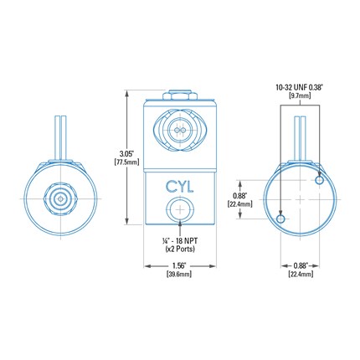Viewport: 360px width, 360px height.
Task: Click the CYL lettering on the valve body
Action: coord(179,187)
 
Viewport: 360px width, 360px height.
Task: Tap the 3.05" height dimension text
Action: coord(126,154)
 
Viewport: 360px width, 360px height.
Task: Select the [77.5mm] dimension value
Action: coord(126,162)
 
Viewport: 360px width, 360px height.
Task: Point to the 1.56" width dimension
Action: coord(180,265)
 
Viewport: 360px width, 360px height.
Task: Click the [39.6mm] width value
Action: coord(179,274)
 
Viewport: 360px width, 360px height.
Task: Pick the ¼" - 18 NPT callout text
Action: coord(180,240)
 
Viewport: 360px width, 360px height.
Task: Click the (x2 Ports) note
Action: coord(180,249)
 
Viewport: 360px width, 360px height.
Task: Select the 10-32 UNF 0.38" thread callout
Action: coord(300,87)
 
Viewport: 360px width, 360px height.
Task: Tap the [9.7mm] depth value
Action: coord(300,96)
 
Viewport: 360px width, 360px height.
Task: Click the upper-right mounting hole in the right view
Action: coord(319,180)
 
